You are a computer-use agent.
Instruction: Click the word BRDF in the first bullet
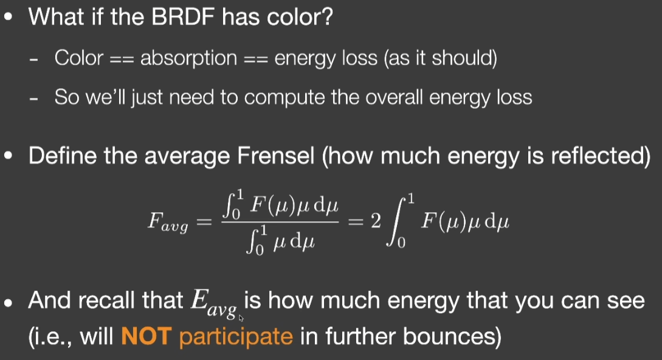pos(184,17)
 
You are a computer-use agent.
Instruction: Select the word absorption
pos(188,58)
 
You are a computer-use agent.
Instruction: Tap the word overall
pos(394,97)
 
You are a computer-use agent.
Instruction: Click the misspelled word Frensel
pos(276,156)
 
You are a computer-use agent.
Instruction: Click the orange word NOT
pos(146,336)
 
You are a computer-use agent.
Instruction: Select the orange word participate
pos(236,337)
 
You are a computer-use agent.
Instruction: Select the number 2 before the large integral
pos(376,221)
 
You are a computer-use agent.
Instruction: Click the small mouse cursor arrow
pos(241,318)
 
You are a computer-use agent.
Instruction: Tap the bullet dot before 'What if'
pos(8,18)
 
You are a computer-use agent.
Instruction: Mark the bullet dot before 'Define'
pos(8,156)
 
